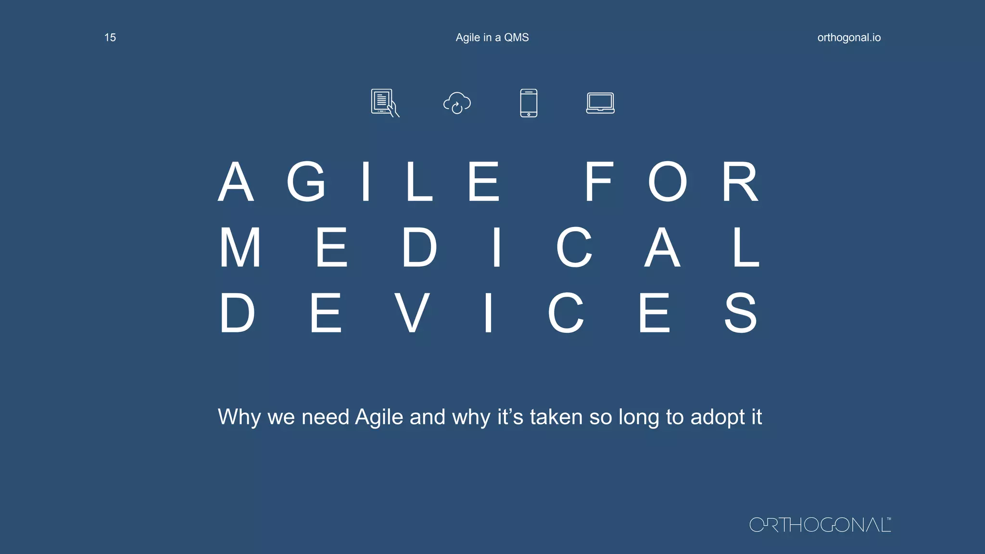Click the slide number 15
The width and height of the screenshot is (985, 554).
coord(110,38)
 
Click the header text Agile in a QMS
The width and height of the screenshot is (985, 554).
coord(492,38)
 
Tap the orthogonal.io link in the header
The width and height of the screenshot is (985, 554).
coord(849,38)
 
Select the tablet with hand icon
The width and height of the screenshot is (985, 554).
coord(385,103)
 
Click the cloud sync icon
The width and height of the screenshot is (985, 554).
coord(457,103)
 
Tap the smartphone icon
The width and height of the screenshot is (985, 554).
coord(529,103)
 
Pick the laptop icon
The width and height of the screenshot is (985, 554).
coord(600,103)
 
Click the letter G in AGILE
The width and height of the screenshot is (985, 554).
coord(306,182)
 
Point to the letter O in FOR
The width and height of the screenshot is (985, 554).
coord(668,182)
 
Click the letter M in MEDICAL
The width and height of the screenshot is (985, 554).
coord(240,247)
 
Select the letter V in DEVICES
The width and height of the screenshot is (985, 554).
coord(412,313)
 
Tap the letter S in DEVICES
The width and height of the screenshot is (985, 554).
coord(741,313)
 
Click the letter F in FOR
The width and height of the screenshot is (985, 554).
coord(599,182)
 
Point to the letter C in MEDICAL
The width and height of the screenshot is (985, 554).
coord(574,247)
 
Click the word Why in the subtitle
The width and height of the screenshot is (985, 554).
coord(239,417)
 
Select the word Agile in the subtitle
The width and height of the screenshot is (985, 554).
coord(379,417)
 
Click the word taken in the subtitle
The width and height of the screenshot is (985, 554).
coord(556,417)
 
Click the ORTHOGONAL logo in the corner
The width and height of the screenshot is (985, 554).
coord(820,525)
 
